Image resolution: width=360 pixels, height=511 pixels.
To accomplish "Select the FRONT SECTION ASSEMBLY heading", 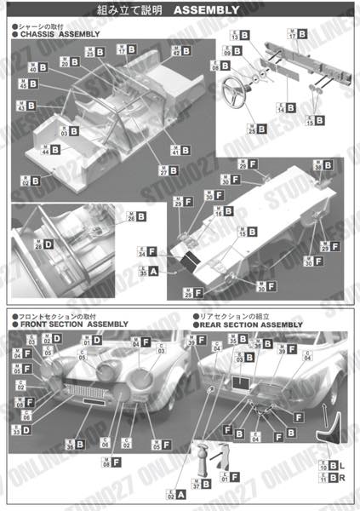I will click(x=72, y=324).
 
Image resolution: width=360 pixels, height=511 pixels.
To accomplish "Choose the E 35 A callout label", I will click(x=147, y=271).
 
